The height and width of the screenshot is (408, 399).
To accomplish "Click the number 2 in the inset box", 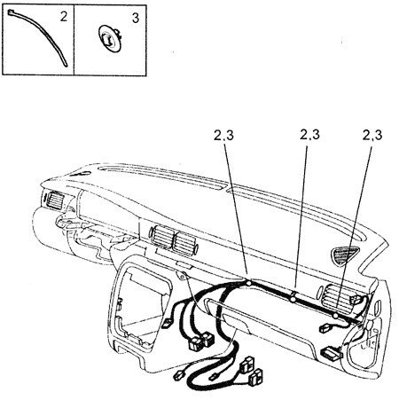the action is tap(64, 17).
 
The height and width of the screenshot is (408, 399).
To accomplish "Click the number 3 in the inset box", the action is tap(136, 19).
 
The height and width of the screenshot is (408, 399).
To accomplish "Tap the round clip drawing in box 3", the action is tap(110, 38).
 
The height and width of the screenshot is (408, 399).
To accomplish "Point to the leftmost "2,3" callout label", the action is tap(223, 136).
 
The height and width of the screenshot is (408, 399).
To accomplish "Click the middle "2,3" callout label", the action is tap(309, 135).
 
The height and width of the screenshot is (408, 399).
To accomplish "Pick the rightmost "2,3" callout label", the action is tap(372, 135).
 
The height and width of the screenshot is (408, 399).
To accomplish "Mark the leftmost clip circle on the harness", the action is tap(249, 283).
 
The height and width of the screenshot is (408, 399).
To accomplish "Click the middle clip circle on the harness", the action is tap(293, 300).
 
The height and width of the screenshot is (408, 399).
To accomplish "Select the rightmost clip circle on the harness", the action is tap(335, 316).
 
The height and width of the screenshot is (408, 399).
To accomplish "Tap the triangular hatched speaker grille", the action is tap(344, 255).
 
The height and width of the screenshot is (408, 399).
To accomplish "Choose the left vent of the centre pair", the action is tap(162, 236).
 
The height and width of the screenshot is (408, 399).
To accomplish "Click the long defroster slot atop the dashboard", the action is tap(162, 177).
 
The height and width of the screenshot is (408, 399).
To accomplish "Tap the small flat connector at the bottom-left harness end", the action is tap(179, 374).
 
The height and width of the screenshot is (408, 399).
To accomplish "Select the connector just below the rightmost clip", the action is tap(325, 327).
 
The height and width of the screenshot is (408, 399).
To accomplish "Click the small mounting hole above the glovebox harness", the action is tap(183, 277).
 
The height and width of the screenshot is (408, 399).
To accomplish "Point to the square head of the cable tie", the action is tap(10, 12).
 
